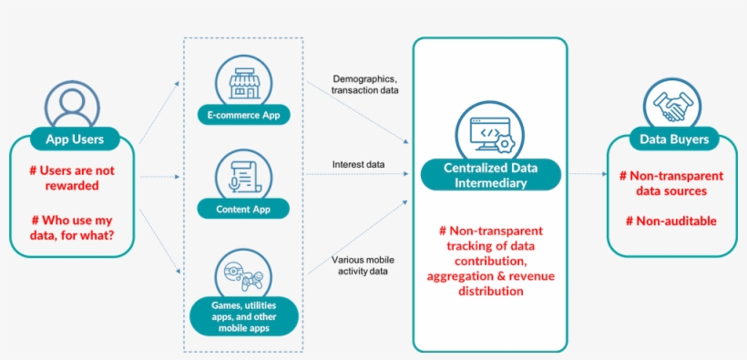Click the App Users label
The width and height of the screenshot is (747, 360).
tap(74, 139)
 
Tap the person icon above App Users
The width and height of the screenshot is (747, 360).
tap(73, 105)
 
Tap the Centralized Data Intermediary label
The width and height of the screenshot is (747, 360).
tap(490, 175)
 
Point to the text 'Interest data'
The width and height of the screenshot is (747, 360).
tap(358, 165)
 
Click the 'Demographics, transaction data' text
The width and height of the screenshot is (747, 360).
tap(365, 85)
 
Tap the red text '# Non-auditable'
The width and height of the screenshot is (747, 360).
tap(670, 220)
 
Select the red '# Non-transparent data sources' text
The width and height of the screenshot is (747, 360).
tap(670, 183)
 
